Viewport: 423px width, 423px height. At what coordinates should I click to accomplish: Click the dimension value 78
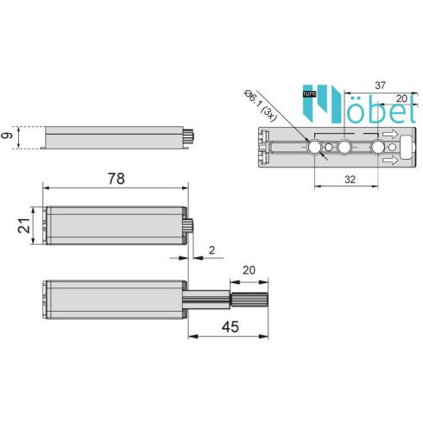(117, 179)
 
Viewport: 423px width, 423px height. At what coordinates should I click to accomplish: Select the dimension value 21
(24, 225)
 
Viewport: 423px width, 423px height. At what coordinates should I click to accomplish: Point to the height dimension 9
(7, 135)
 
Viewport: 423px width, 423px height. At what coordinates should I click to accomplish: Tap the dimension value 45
(230, 327)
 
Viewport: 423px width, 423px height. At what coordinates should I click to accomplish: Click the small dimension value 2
(211, 250)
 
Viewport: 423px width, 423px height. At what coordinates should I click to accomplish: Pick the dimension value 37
(380, 85)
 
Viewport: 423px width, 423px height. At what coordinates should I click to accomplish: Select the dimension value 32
(350, 180)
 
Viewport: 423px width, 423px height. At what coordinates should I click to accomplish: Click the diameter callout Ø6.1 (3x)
(261, 105)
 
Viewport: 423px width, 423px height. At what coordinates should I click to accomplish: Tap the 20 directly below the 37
(401, 98)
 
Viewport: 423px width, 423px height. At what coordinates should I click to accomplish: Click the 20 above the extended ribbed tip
(249, 270)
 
